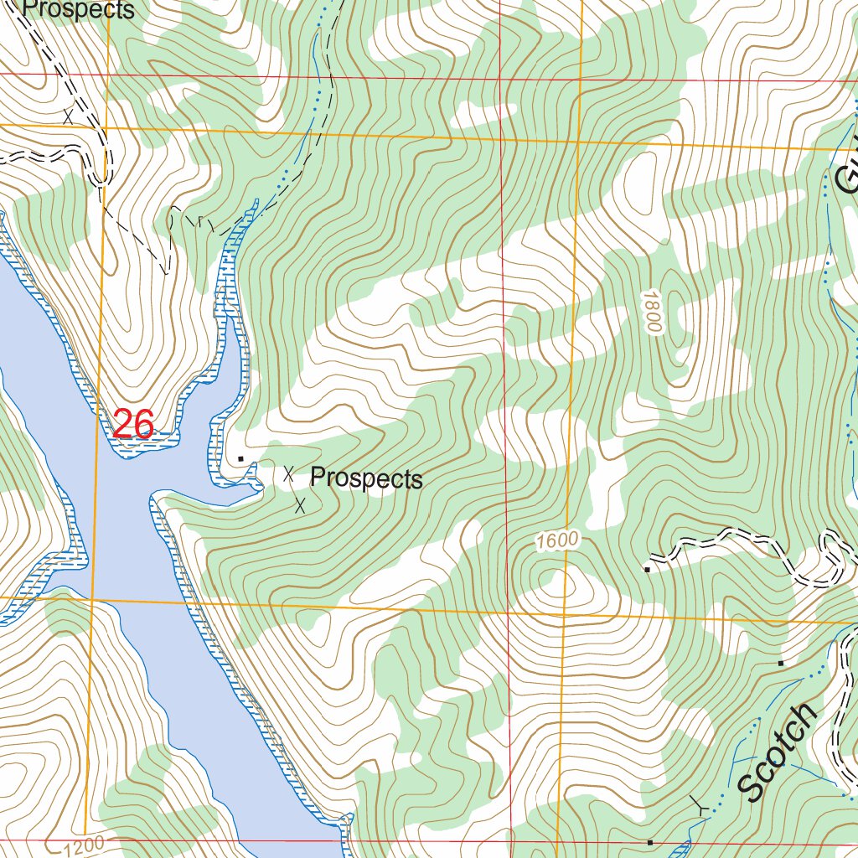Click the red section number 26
132,425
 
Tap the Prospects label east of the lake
366,478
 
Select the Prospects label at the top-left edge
78,10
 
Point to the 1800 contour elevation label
654,312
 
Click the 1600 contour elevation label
557,541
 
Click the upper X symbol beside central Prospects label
289,474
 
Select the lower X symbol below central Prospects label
300,504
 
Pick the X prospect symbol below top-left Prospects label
68,117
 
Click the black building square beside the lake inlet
241,459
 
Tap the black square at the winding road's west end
648,570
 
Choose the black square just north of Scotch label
781,663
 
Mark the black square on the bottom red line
650,841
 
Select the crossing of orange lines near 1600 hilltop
564,614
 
